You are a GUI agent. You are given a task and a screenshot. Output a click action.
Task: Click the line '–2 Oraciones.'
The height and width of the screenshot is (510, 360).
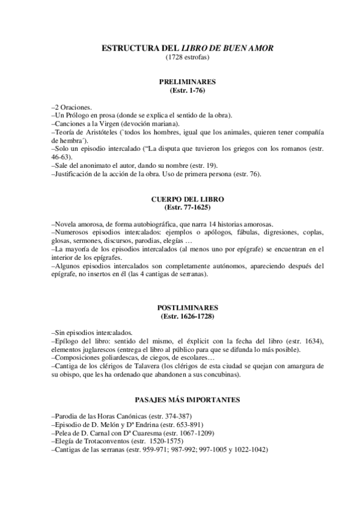72,106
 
